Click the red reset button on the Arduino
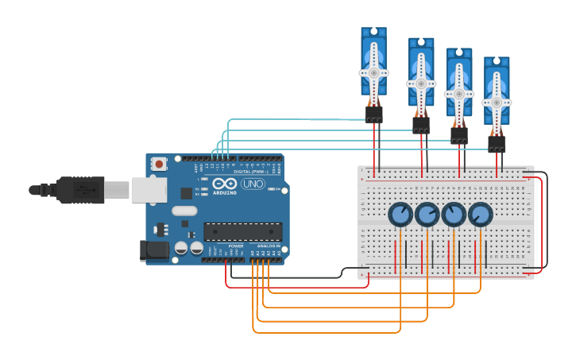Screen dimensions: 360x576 (160, 165)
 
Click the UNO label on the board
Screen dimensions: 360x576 (253, 184)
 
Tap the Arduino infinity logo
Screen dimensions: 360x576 (223, 184)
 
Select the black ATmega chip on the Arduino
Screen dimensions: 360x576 (242, 231)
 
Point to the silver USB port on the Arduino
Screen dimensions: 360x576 (149, 189)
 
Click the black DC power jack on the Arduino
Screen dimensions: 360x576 (154, 251)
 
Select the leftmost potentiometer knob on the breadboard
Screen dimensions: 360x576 (400, 215)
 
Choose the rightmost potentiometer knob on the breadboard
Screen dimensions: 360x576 (480, 215)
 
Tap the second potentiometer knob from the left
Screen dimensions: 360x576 (427, 215)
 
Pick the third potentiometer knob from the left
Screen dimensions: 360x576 (454, 215)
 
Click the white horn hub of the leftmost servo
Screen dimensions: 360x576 (373, 72)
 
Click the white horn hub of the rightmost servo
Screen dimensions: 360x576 (497, 102)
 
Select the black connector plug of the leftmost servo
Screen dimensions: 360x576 (373, 115)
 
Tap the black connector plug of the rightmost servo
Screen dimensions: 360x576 (497, 143)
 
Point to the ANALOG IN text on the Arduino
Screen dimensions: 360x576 (267, 246)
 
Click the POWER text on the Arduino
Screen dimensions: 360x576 (236, 246)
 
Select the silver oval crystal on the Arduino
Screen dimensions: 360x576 (184, 211)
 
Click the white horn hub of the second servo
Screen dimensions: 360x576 (421, 83)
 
